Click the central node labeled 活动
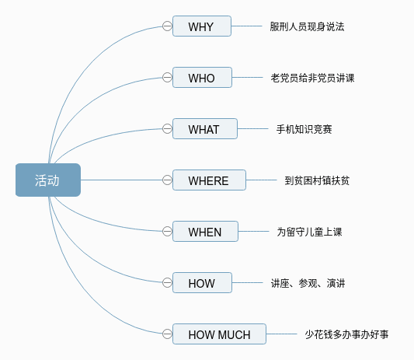pyautogui.click(x=48, y=180)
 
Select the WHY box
pyautogui.click(x=202, y=26)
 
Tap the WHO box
pyautogui.click(x=202, y=78)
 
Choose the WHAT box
pyautogui.click(x=205, y=129)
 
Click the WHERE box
pyautogui.click(x=209, y=180)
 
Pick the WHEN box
pyautogui.click(x=205, y=231)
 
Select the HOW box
pyautogui.click(x=202, y=282)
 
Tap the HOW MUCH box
pyautogui.click(x=219, y=334)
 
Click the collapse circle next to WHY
pyautogui.click(x=167, y=26)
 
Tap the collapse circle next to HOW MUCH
pyautogui.click(x=167, y=334)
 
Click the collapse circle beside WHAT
pyautogui.click(x=167, y=129)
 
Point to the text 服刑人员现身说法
pyautogui.click(x=307, y=26)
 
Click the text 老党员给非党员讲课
pyautogui.click(x=312, y=78)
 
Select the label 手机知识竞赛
pyautogui.click(x=304, y=129)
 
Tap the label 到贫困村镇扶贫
pyautogui.click(x=317, y=180)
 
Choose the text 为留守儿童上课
pyautogui.click(x=309, y=232)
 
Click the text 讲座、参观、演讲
pyautogui.click(x=308, y=283)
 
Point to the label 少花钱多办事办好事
pyautogui.click(x=346, y=334)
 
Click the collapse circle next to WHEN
pyautogui.click(x=167, y=231)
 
